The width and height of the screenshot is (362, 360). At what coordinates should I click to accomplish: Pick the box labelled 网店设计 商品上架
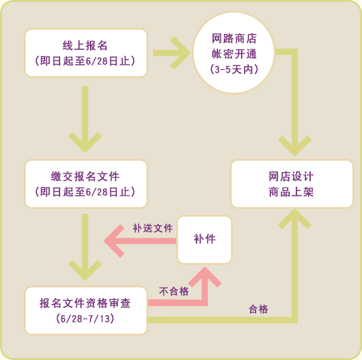click(x=291, y=184)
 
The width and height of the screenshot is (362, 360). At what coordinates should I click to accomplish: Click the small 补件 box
click(x=204, y=239)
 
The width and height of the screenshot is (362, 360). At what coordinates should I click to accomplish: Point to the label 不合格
click(x=174, y=291)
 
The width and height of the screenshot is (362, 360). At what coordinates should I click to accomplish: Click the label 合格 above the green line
click(x=258, y=309)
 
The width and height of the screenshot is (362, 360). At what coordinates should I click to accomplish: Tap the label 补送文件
click(x=152, y=228)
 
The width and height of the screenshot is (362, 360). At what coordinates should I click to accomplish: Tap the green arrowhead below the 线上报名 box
click(x=85, y=140)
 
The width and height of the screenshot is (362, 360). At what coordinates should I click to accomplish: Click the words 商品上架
click(x=291, y=192)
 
